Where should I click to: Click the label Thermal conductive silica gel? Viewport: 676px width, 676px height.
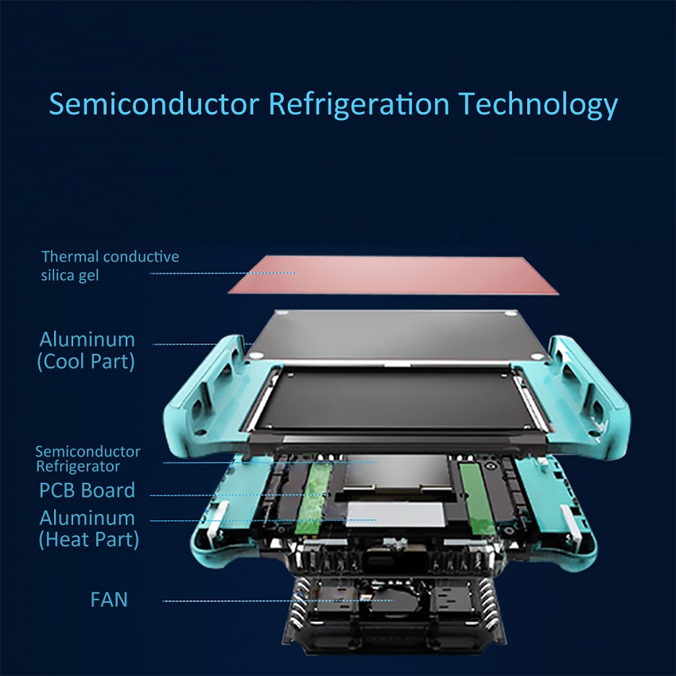(x=110, y=265)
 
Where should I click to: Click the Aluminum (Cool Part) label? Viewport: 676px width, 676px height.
(x=87, y=350)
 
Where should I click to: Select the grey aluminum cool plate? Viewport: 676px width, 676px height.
(x=398, y=334)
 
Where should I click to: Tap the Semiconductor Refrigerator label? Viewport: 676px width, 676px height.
(x=88, y=459)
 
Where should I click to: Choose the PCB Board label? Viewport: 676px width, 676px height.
(x=87, y=490)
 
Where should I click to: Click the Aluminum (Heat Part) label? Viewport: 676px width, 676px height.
(x=88, y=528)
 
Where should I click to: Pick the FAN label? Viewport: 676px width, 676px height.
(x=109, y=599)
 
